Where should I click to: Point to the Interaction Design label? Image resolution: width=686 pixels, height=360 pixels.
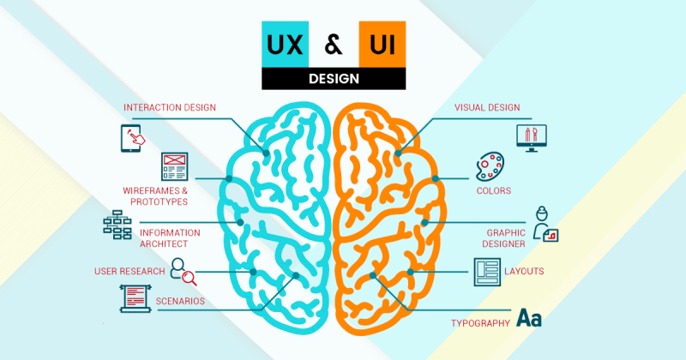point(170,107)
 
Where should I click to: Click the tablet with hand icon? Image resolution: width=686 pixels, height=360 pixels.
point(131,136)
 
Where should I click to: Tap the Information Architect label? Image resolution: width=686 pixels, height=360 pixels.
point(170,237)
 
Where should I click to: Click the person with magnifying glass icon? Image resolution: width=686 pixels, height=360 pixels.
point(183,271)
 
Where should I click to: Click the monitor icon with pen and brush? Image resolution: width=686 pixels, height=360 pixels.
point(531,136)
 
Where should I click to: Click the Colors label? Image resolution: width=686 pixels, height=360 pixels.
point(493,190)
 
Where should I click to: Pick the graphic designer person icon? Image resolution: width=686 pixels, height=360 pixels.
point(545,224)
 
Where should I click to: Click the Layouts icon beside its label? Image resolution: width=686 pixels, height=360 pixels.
point(485,272)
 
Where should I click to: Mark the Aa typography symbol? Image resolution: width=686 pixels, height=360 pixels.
point(529,319)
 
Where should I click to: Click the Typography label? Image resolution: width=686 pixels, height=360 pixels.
point(480,323)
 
